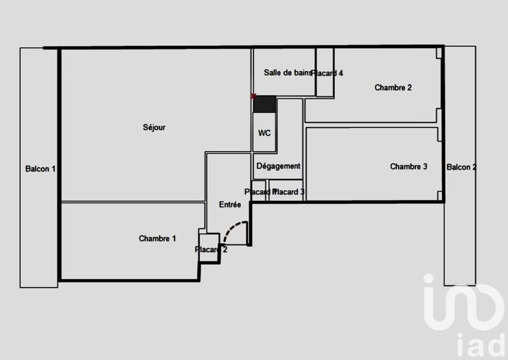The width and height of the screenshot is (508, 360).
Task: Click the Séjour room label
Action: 154,128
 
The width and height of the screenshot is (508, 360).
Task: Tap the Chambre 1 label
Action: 157,239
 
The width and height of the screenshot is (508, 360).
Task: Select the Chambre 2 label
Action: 393,88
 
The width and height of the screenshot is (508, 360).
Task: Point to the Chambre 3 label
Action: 408,167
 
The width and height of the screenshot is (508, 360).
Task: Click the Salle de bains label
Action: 288,73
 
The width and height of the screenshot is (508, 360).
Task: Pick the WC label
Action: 264,133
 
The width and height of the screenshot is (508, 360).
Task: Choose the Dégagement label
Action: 278,166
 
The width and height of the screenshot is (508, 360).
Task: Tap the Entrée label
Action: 229,204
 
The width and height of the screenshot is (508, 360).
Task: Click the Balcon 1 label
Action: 41,169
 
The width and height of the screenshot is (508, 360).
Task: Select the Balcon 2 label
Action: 461,167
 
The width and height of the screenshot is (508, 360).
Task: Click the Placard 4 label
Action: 328,73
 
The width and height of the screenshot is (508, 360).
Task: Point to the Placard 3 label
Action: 290,192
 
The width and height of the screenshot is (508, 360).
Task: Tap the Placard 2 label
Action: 211,250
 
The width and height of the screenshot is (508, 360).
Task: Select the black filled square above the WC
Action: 264,104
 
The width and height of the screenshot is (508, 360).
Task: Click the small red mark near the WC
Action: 253,97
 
